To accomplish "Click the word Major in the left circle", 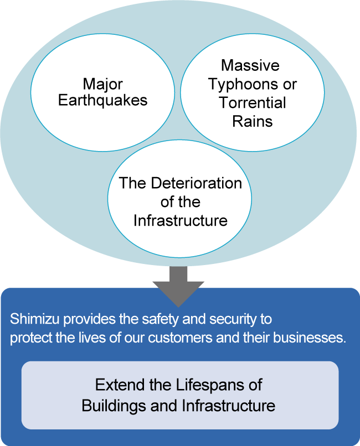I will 103,84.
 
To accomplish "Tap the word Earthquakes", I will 103,101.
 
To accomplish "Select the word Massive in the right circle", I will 250,65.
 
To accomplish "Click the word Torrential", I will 253,103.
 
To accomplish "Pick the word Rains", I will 253,121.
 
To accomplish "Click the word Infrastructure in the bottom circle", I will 181,220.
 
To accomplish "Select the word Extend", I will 117,385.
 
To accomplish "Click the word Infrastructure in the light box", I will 228,406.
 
